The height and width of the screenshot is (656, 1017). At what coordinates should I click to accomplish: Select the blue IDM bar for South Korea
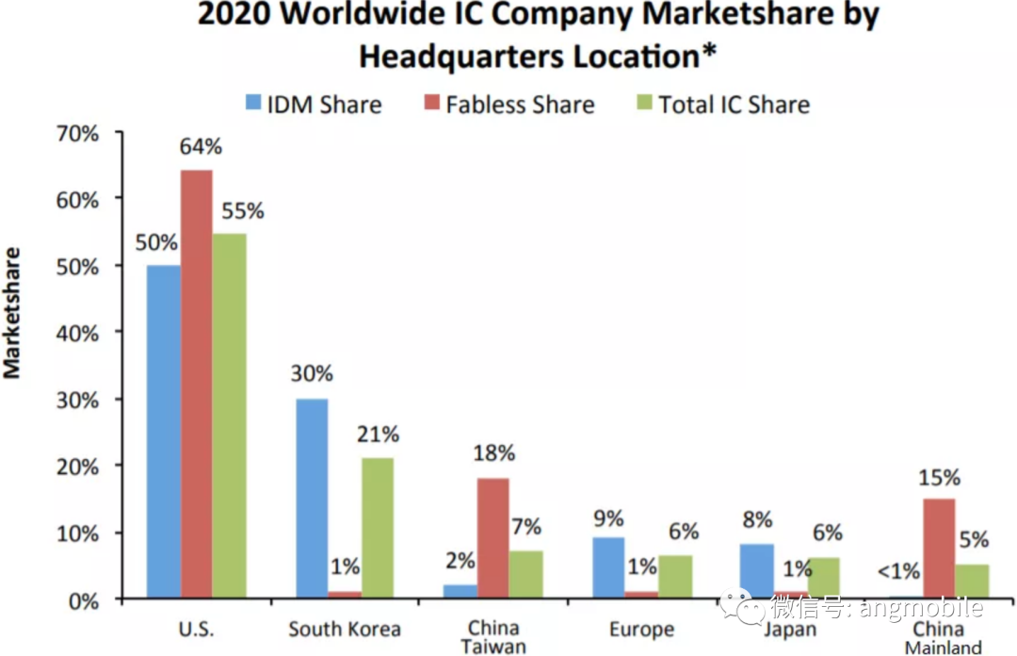[312, 499]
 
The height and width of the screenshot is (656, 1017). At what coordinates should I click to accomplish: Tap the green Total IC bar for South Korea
[378, 528]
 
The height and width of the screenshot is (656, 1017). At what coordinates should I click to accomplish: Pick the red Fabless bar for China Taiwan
[492, 538]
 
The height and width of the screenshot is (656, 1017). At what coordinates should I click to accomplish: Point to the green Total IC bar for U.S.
[229, 416]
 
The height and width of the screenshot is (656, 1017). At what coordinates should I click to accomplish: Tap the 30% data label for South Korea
[312, 374]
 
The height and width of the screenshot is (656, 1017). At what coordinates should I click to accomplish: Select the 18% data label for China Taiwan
[493, 453]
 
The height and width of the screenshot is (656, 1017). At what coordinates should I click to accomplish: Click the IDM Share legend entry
[314, 104]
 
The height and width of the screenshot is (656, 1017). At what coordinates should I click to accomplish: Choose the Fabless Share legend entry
[508, 104]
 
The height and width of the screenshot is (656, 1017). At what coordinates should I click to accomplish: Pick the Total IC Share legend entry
[721, 104]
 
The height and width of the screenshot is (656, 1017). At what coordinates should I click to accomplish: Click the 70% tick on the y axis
[76, 133]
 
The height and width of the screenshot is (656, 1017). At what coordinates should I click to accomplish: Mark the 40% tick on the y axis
[76, 333]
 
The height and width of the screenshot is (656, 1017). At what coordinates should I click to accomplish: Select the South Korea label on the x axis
[345, 629]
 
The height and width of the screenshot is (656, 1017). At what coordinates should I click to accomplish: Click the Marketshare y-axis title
[12, 313]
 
